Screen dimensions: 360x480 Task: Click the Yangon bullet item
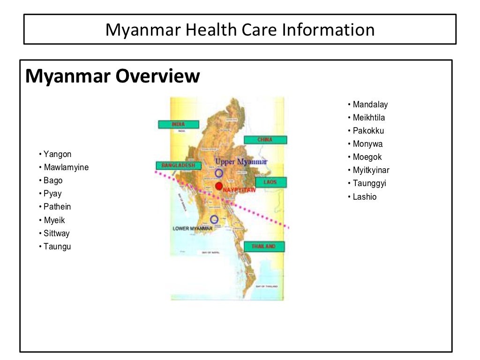57,154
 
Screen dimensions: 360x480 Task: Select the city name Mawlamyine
66,167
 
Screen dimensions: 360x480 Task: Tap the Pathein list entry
57,207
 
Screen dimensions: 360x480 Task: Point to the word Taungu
57,247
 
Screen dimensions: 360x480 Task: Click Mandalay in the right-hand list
370,105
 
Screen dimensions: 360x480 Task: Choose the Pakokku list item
368,131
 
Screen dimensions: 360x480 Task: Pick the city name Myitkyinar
371,170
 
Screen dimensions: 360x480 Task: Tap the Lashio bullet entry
365,197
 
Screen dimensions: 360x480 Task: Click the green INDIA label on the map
179,124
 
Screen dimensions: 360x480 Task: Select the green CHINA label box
265,140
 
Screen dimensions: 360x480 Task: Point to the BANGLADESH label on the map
179,165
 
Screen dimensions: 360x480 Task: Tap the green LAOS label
270,182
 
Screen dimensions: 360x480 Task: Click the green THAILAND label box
264,247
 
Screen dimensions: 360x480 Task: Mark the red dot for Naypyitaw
219,186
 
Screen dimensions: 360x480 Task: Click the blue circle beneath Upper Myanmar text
219,173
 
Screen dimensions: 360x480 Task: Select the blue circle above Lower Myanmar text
215,219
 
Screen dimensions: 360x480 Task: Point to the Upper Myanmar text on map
241,162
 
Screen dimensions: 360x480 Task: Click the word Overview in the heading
158,76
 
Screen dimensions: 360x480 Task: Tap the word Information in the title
328,30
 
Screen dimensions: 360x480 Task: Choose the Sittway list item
56,233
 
